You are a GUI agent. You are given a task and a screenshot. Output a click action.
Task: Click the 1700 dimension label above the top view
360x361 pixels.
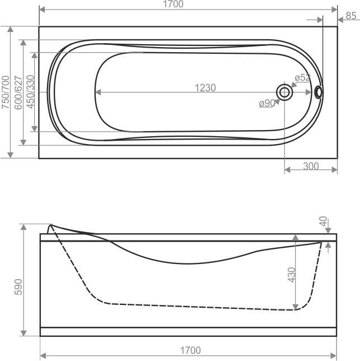point(173,4)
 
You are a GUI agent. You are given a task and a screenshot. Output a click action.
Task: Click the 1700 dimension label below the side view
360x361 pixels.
point(190,350)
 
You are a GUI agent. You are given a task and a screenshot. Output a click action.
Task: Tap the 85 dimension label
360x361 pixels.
point(351,16)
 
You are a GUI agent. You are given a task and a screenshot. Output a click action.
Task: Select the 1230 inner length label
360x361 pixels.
point(205,87)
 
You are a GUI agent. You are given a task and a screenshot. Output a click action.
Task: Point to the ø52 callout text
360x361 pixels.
point(302,78)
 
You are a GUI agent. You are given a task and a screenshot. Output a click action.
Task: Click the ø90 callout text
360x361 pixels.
point(267,103)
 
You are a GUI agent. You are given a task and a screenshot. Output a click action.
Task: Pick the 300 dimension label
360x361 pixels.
point(311,166)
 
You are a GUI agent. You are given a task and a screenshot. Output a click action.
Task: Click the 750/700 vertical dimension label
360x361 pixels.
point(6,92)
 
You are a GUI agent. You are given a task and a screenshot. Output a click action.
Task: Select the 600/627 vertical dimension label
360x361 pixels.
point(18,92)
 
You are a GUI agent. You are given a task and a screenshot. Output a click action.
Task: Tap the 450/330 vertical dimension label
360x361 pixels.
point(30,92)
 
